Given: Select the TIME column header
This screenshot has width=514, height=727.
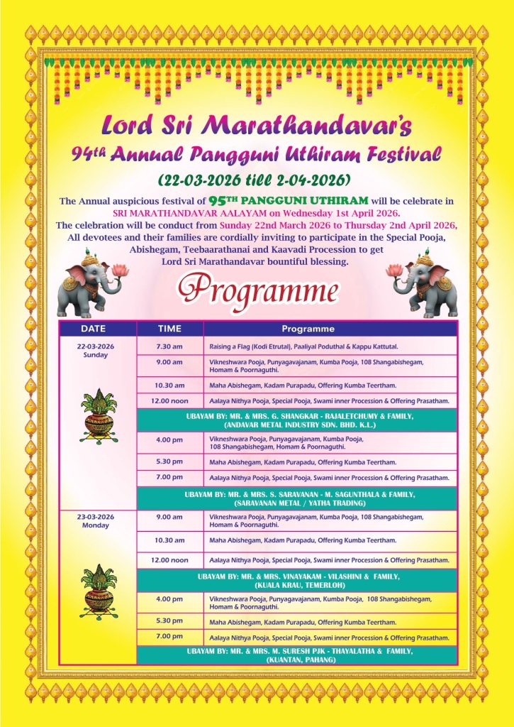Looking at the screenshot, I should (x=169, y=329).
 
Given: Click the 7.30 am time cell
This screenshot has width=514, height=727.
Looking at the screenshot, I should (x=169, y=346).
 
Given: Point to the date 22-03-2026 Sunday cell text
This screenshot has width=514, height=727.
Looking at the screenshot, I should (x=96, y=350).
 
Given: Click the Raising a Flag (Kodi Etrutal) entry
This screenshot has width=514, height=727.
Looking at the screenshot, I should (x=303, y=346).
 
